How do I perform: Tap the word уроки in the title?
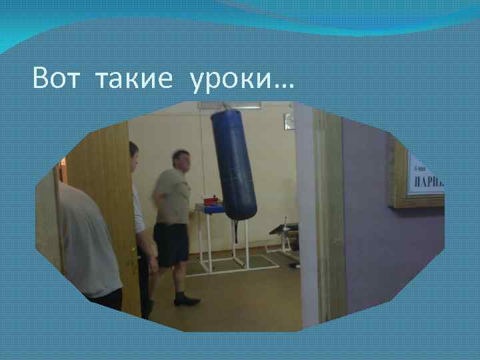click(x=231, y=81)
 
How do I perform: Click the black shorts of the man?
click(x=171, y=244)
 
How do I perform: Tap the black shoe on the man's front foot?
click(x=187, y=301)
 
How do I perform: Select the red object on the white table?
click(x=210, y=199)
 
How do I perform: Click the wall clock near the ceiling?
click(x=289, y=121)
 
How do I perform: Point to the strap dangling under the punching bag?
click(x=235, y=230)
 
